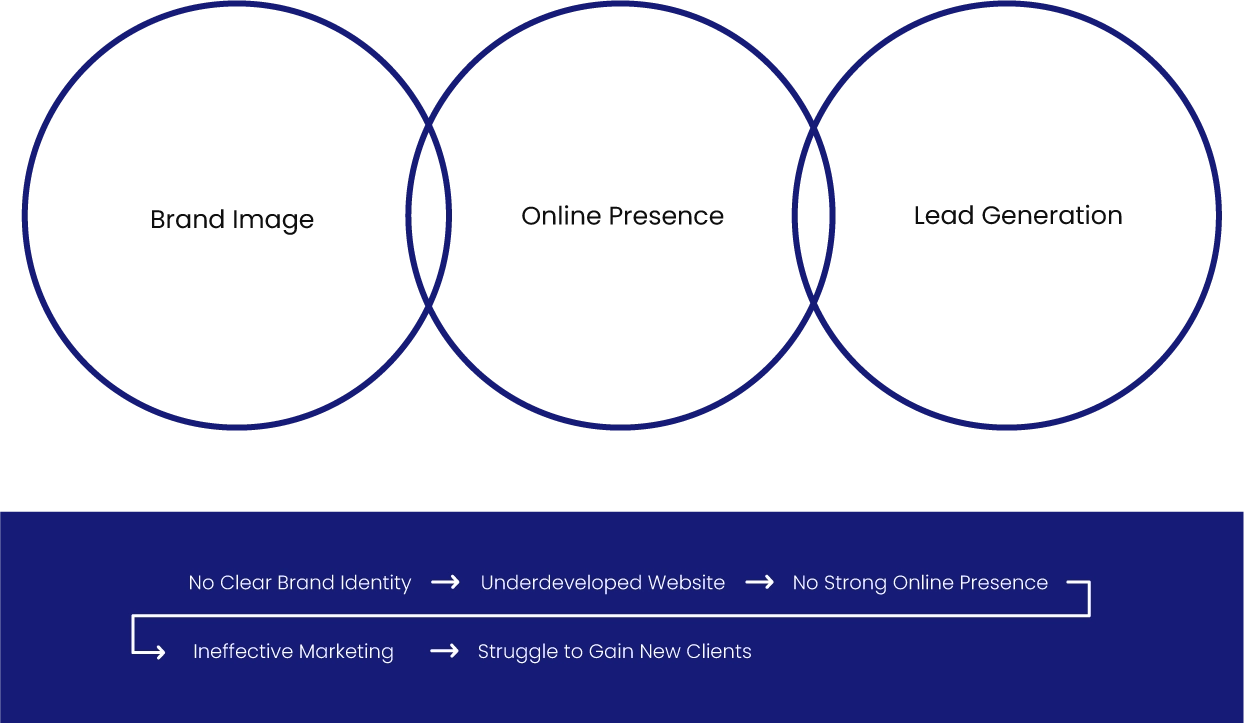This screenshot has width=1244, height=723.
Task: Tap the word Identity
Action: coord(375,583)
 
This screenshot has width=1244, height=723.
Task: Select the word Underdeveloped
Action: coord(560,583)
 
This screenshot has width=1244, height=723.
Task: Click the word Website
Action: coord(686,583)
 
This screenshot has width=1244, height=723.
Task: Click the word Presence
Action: coord(1007,583)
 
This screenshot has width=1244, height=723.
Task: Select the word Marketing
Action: coord(343,652)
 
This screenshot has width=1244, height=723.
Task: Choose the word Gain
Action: coord(613,652)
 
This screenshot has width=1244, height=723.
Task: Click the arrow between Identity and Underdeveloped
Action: coord(445,582)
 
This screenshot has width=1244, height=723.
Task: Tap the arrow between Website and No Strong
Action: coord(759,582)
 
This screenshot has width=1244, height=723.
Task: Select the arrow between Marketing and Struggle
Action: coord(444,651)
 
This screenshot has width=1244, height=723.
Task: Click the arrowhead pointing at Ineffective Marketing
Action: coord(158,653)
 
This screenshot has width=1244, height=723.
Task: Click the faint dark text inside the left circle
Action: coord(236,219)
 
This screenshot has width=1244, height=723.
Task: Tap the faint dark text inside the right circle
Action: coord(1019,215)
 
